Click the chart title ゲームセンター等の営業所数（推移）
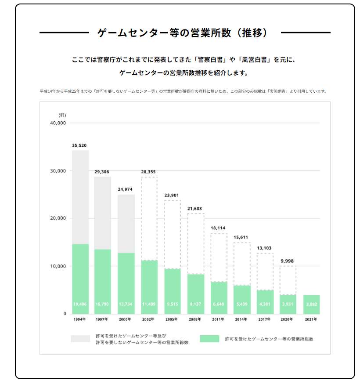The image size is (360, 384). (x=185, y=33)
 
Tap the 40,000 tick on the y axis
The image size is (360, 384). (x=58, y=123)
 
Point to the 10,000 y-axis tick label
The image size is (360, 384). (x=58, y=266)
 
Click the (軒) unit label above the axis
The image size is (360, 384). (x=62, y=115)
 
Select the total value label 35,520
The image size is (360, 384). (x=80, y=145)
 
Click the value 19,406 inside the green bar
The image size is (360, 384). (x=80, y=304)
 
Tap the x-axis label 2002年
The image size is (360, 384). (x=149, y=319)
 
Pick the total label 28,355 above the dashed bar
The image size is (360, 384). (x=149, y=172)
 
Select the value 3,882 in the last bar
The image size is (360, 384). (x=311, y=304)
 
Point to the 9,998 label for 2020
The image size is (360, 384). (x=288, y=261)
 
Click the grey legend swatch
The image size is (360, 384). (x=80, y=339)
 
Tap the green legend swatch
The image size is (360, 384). (x=209, y=339)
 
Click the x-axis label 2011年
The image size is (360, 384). (x=218, y=319)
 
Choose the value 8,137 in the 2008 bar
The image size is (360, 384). (x=195, y=304)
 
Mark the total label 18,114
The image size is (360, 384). (x=218, y=228)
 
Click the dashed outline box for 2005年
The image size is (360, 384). (x=172, y=234)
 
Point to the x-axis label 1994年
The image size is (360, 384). (x=80, y=319)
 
